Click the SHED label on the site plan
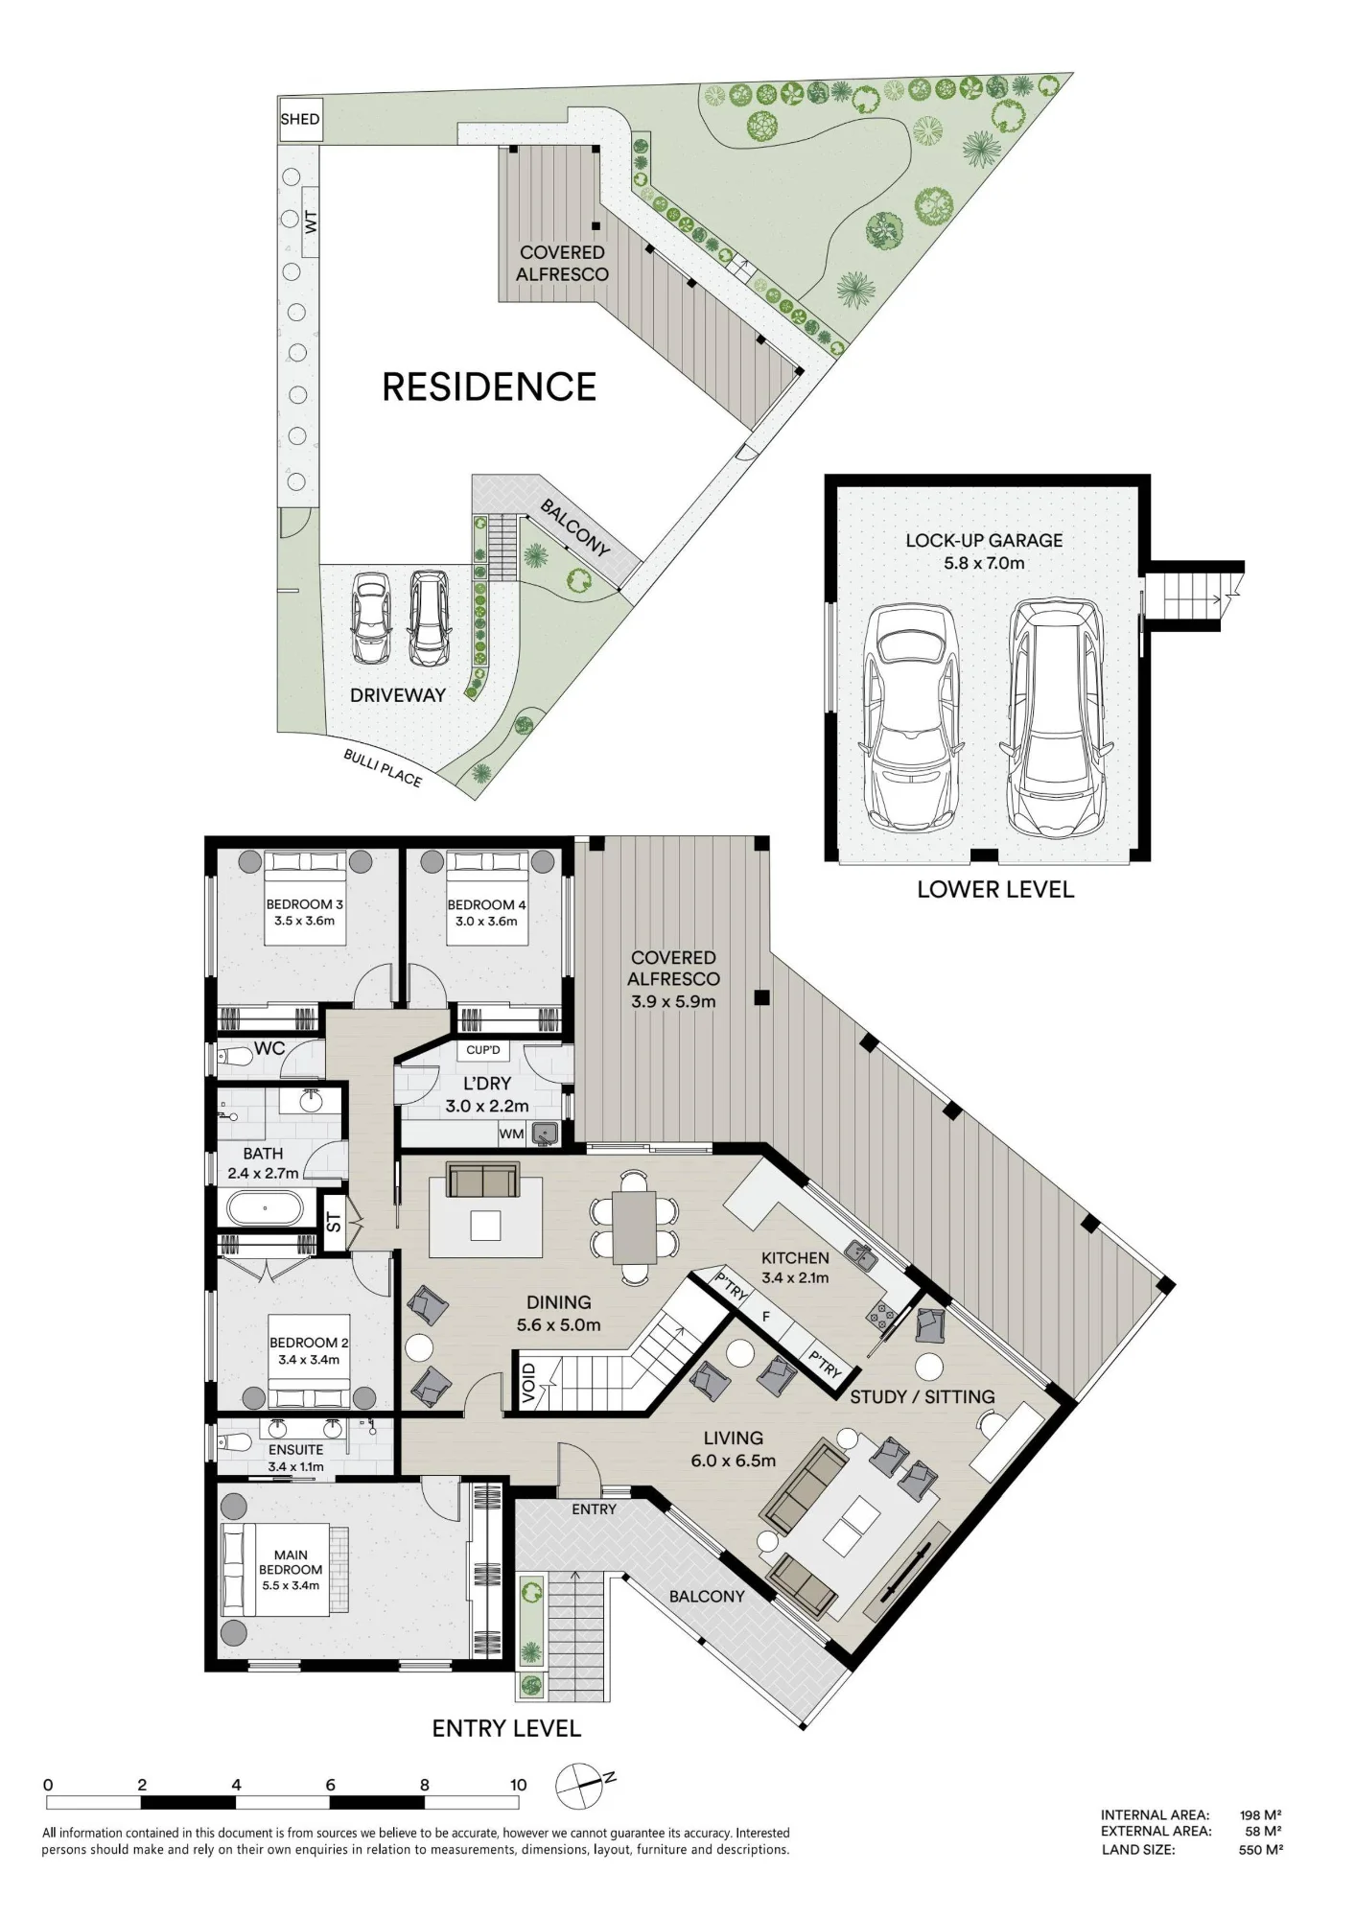tap(300, 120)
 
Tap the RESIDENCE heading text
tap(489, 387)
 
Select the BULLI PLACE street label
tap(383, 768)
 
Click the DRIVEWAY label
tap(398, 695)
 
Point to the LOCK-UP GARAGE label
tap(984, 541)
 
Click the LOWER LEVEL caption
tap(995, 890)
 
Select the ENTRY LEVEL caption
tap(506, 1729)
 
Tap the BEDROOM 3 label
tap(305, 904)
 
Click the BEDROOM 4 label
tap(486, 905)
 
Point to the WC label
tap(269, 1049)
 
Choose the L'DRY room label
tap(487, 1084)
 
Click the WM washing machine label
tap(511, 1134)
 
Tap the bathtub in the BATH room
tap(266, 1207)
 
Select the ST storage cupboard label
tap(334, 1222)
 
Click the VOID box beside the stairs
tap(528, 1384)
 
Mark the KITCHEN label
tap(795, 1258)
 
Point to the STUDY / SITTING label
tap(923, 1397)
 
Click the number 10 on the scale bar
tap(519, 1785)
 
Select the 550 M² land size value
tap(1260, 1850)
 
